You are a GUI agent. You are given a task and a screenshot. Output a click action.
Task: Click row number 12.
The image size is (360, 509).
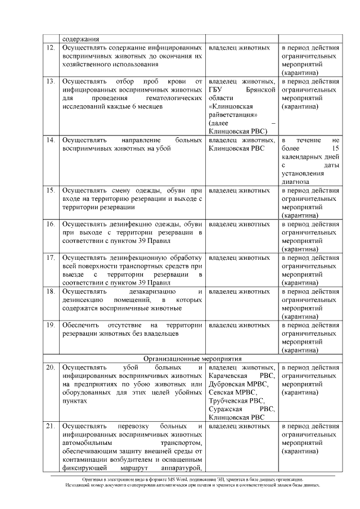tap(49, 48)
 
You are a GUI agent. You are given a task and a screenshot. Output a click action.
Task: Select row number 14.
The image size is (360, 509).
tap(49, 139)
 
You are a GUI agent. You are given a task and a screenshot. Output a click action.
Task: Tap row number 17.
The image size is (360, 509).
tap(49, 258)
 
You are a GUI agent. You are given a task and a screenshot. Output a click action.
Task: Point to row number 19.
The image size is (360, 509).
tap(49, 326)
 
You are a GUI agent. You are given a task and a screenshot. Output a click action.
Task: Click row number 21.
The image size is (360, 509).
tap(49, 427)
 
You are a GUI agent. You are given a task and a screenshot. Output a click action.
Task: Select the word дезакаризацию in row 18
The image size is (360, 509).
tap(152, 292)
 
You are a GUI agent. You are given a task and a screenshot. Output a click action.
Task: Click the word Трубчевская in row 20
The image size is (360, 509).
tap(228, 402)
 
